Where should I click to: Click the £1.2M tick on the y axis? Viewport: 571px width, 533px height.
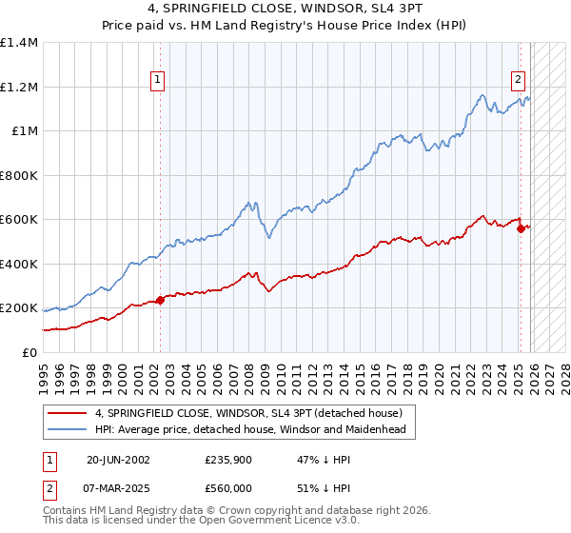coord(19,87)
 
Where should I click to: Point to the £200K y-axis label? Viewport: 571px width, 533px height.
coord(19,308)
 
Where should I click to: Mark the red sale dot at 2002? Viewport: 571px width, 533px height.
coord(160,301)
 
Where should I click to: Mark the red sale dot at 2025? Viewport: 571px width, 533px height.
coord(521,229)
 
